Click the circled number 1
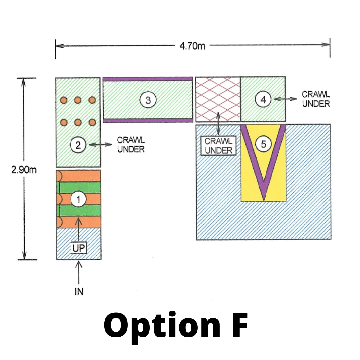[79, 200]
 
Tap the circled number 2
[79, 145]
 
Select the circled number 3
[148, 100]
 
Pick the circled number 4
[263, 99]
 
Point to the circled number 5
[264, 144]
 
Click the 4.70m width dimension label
[192, 46]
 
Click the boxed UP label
[79, 248]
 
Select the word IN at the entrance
[79, 292]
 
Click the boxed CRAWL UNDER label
[218, 146]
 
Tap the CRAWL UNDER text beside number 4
[316, 99]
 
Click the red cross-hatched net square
[218, 99]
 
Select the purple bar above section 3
[148, 79]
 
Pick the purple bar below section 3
[148, 120]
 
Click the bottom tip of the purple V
[264, 199]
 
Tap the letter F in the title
[238, 326]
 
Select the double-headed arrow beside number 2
[101, 145]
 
